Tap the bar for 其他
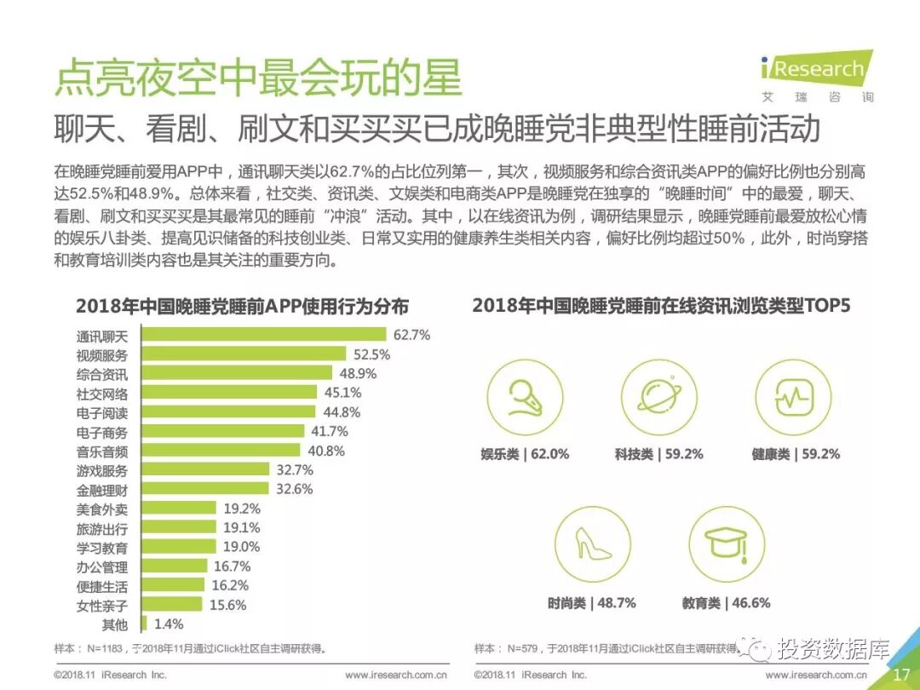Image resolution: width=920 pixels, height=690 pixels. coord(143,624)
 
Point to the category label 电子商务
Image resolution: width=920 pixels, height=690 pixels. coord(101,432)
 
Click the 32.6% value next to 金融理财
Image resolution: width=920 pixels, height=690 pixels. coord(294,489)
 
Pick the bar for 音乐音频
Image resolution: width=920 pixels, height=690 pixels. coord(220,451)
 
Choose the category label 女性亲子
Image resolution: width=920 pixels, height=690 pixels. coord(101,606)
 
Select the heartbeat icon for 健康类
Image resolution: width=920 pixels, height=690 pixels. coord(793,397)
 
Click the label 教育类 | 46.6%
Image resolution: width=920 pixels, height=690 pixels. coord(726,602)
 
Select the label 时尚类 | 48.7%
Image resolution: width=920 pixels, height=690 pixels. coord(591,602)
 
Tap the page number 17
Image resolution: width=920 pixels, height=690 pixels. coord(901,674)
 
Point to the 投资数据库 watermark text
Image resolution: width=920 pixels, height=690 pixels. coord(823,649)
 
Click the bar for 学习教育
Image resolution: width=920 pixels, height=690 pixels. coord(178,548)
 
